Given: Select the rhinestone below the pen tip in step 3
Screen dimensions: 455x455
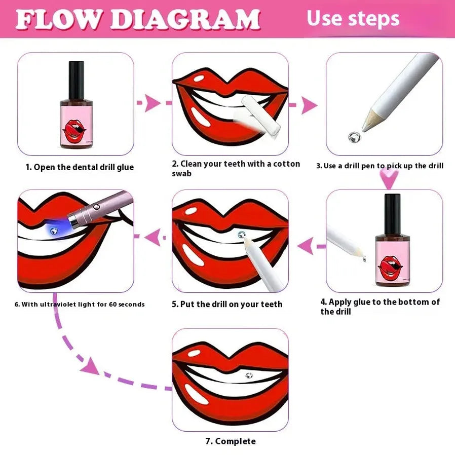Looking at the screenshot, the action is [x=354, y=137].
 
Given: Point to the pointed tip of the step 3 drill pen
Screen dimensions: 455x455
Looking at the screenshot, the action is [x=364, y=130].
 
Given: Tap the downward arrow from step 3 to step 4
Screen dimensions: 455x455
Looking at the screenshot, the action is [x=389, y=179].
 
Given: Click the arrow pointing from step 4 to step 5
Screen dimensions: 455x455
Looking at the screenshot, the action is [x=312, y=246].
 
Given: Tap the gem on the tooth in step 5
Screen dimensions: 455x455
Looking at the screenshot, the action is [x=241, y=235].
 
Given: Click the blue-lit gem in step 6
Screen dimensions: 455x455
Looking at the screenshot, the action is [x=53, y=231].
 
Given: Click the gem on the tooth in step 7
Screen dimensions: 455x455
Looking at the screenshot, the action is [x=249, y=375].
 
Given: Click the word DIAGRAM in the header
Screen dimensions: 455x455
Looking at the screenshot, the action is [x=185, y=19].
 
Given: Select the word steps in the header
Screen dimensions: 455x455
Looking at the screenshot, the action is [x=374, y=19].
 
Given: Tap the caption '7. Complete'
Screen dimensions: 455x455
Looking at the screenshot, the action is [x=231, y=441].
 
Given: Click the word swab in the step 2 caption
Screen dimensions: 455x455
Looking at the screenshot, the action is [x=182, y=173].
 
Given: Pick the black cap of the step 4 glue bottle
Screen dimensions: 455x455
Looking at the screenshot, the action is [x=392, y=214].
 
